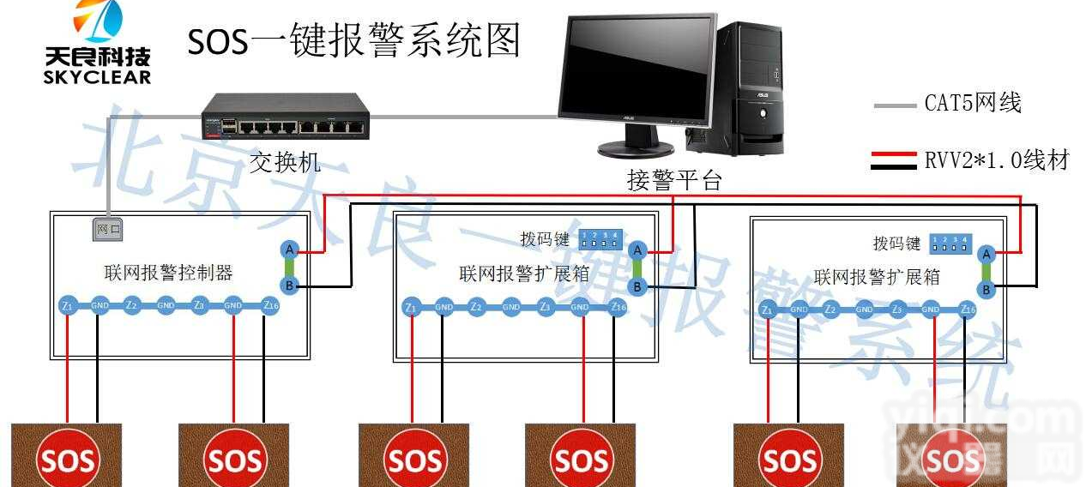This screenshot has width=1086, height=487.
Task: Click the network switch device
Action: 287,118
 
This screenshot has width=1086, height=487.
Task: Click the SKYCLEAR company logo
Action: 97,42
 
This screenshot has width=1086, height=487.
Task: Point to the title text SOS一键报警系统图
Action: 354,39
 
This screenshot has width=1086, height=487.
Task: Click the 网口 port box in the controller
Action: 108,230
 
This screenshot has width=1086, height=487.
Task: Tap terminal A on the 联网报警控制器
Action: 290,250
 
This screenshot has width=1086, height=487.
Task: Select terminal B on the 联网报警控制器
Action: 290,286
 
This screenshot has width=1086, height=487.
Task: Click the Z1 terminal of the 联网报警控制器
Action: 67,305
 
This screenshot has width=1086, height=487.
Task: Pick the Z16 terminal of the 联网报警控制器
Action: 269,305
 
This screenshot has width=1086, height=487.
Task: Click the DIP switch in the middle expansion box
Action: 600,237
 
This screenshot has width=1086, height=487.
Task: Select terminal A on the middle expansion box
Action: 637,250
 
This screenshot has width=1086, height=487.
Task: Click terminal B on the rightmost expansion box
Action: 986,290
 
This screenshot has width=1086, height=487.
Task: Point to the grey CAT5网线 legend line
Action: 896,105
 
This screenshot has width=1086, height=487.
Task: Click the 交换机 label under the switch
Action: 286,161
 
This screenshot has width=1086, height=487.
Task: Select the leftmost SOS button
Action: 68,460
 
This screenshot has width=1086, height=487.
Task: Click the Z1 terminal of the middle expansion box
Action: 412,306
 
